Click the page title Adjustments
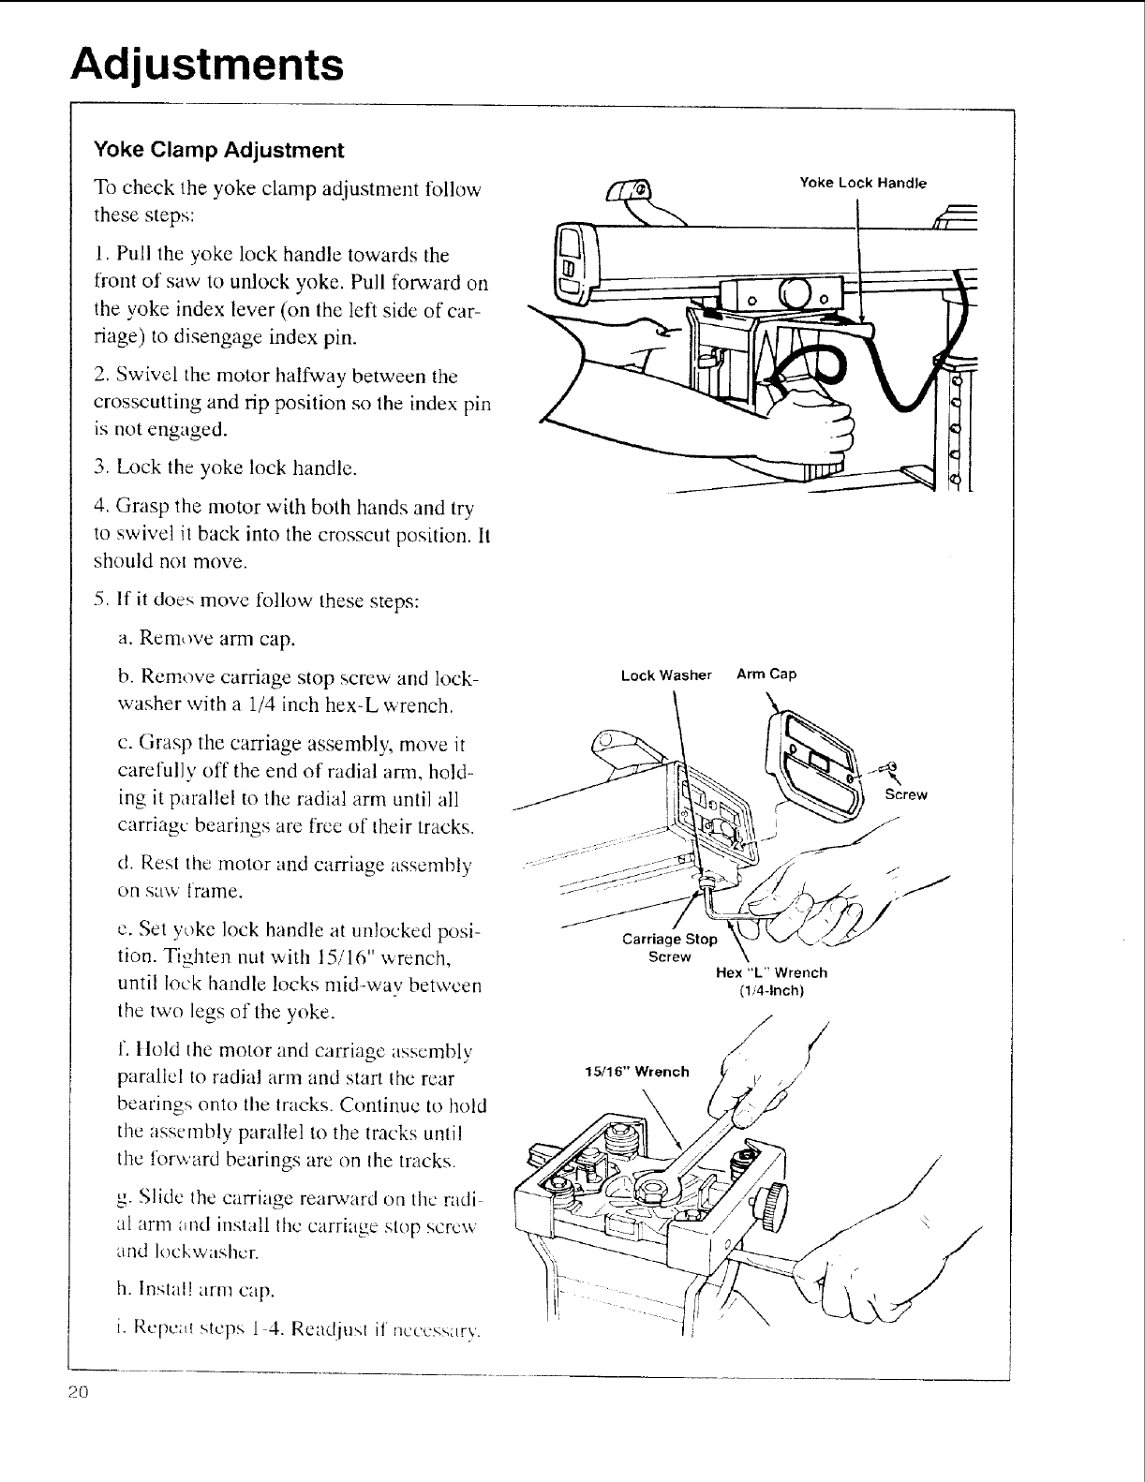coord(208,65)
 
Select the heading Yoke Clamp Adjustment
coord(218,150)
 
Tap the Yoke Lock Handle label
coord(862,183)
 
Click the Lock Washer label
coord(667,674)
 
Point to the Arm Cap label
coord(766,674)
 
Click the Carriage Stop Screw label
coord(670,947)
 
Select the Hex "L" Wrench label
coord(771,981)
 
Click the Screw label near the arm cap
coord(906,795)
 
